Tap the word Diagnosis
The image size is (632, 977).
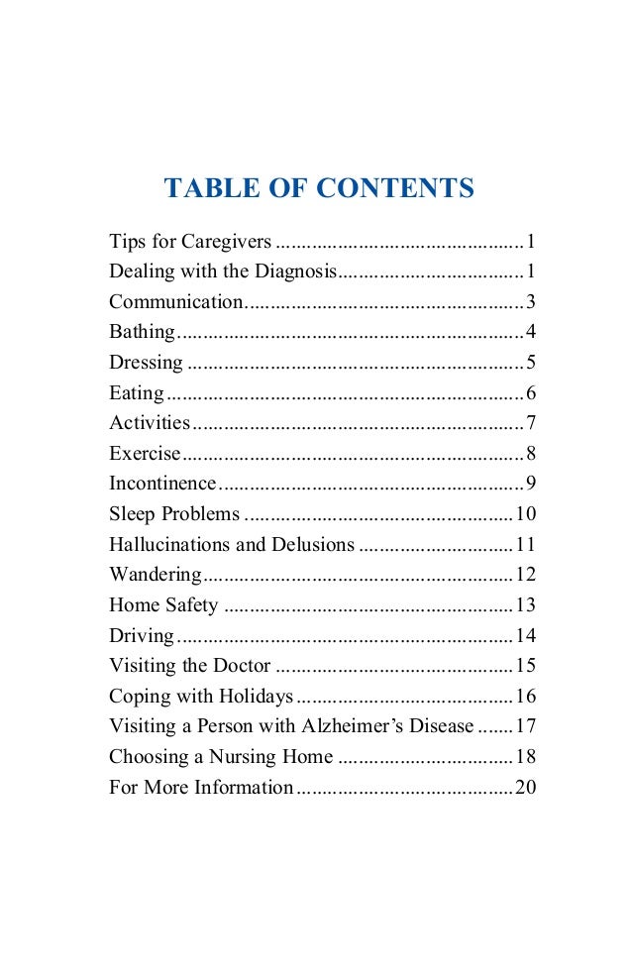pyautogui.click(x=295, y=271)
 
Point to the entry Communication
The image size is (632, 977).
pyautogui.click(x=176, y=302)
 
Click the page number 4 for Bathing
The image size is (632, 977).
pyautogui.click(x=531, y=332)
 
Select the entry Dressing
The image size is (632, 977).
pyautogui.click(x=146, y=363)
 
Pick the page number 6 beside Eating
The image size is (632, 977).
pyautogui.click(x=531, y=393)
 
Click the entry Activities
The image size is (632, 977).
pyautogui.click(x=150, y=424)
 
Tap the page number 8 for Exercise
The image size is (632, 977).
pyautogui.click(x=531, y=455)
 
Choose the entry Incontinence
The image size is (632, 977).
pyautogui.click(x=162, y=485)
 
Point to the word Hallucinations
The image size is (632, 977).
pyautogui.click(x=168, y=546)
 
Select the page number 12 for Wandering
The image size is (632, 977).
pyautogui.click(x=525, y=576)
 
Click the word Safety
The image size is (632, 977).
pyautogui.click(x=194, y=606)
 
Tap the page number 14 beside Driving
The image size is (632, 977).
pyautogui.click(x=525, y=637)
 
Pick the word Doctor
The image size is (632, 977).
pyautogui.click(x=242, y=667)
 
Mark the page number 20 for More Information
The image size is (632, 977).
pyautogui.click(x=525, y=789)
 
